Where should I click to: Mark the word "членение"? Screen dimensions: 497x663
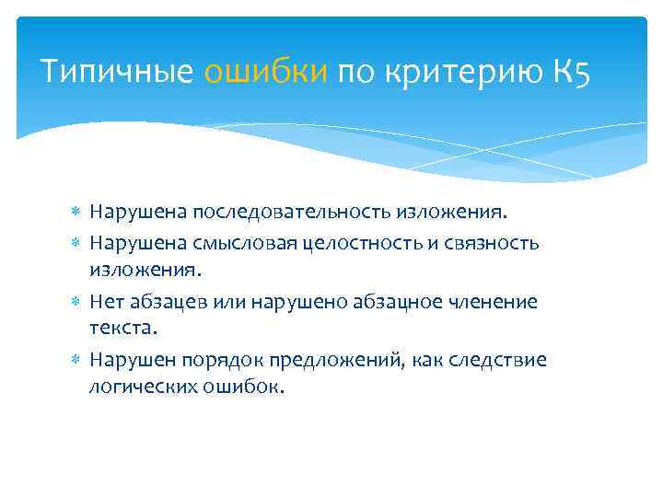pyautogui.click(x=492, y=301)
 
